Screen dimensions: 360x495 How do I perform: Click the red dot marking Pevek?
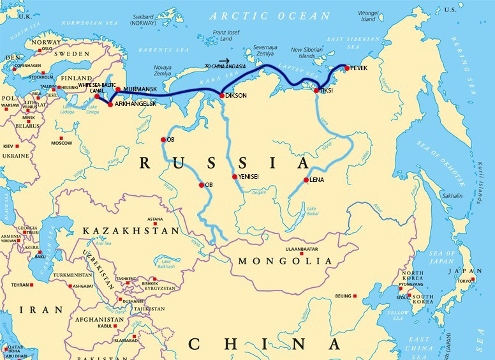click(347, 68)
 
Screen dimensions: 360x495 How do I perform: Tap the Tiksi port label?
click(326, 91)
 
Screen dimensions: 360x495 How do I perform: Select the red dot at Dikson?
click(221, 96)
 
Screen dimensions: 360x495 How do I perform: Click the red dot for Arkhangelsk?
click(110, 103)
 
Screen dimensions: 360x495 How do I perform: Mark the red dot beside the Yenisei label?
click(235, 177)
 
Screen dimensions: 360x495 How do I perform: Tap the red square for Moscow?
click(62, 138)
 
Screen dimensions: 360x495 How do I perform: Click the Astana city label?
click(155, 218)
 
